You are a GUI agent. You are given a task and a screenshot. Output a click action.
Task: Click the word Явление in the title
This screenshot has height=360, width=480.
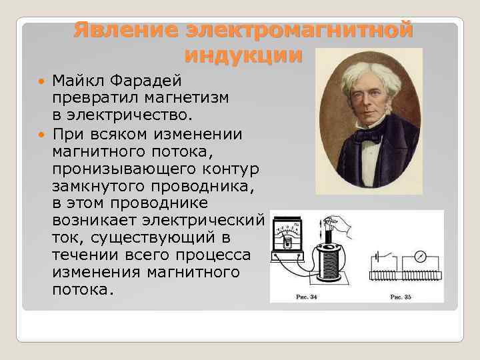(x=125, y=30)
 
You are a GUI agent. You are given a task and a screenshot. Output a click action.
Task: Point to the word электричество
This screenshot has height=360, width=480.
(x=124, y=117)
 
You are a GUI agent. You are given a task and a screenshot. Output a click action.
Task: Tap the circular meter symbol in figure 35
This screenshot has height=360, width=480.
(x=421, y=255)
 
